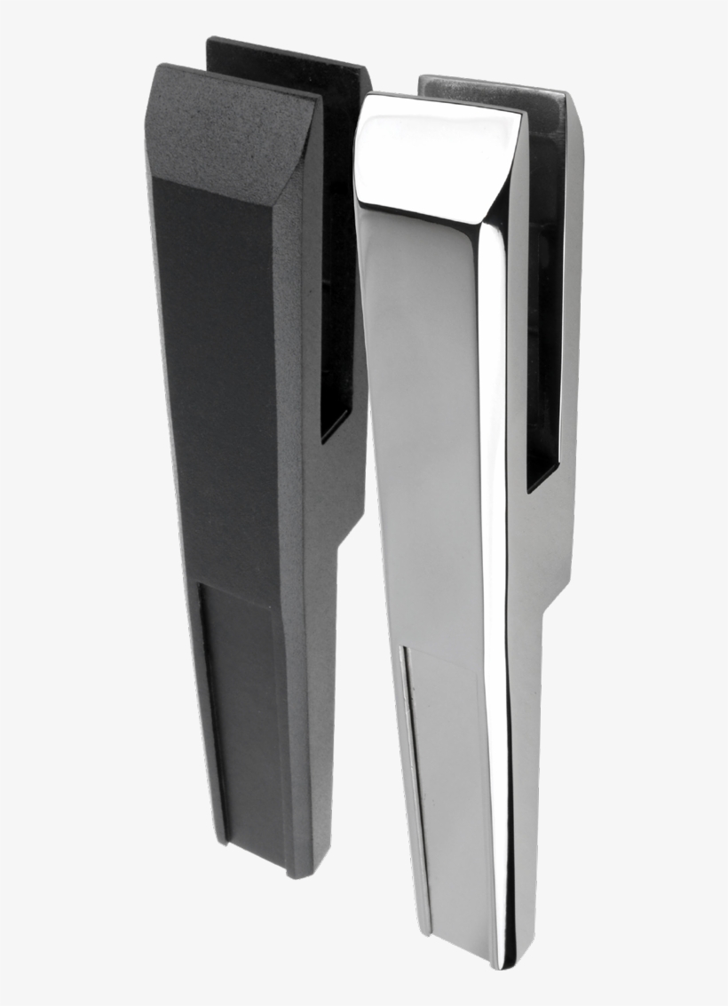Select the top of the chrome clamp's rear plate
(493, 85)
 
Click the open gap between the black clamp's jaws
(335, 266)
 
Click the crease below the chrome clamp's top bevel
(426, 213)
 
